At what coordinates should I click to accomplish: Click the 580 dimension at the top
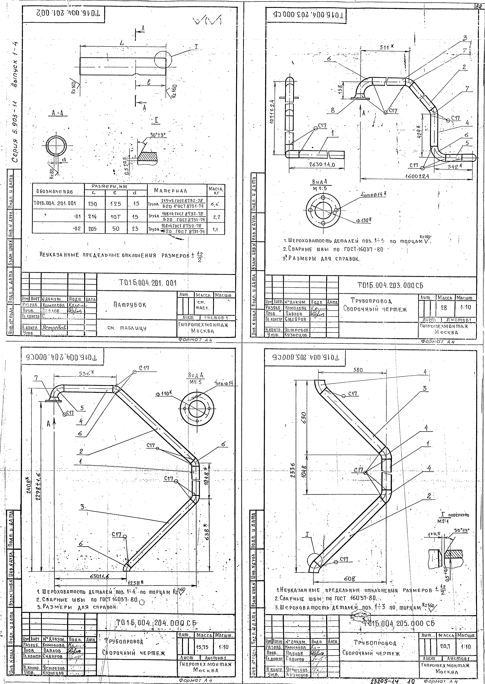(358, 370)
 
